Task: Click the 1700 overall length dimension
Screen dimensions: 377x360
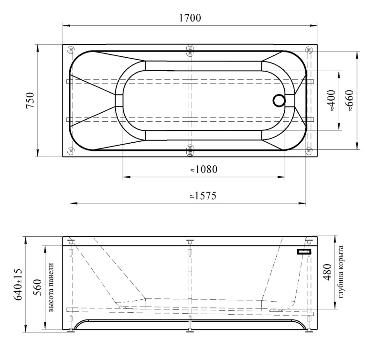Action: pos(190,18)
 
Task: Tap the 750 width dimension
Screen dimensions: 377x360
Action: pos(31,100)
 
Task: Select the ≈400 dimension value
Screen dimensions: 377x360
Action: pos(331,100)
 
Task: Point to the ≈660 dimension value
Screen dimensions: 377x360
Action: pos(349,100)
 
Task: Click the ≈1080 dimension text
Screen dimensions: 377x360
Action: pos(204,169)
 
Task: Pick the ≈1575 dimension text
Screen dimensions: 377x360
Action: pos(203,196)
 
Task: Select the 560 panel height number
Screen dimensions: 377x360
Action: pos(38,287)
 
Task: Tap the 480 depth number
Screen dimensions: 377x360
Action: pos(327,272)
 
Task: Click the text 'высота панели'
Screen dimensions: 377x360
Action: pos(51,287)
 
